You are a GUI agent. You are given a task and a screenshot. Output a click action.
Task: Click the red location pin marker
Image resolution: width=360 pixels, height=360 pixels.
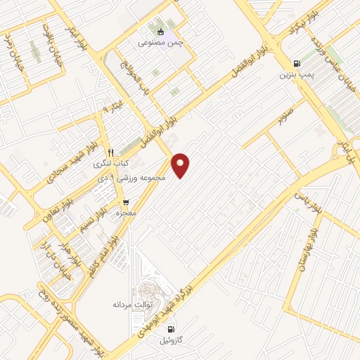click(x=181, y=165)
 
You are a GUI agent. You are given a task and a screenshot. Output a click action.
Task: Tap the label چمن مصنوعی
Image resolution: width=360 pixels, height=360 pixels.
click(x=160, y=42)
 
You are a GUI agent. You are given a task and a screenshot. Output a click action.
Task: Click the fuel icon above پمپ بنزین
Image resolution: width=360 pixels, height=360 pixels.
click(x=295, y=62)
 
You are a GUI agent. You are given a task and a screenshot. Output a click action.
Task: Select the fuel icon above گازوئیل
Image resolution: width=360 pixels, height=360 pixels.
click(x=169, y=328)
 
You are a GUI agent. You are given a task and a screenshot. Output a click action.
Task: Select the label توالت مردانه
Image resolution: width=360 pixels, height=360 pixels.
click(x=133, y=305)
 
